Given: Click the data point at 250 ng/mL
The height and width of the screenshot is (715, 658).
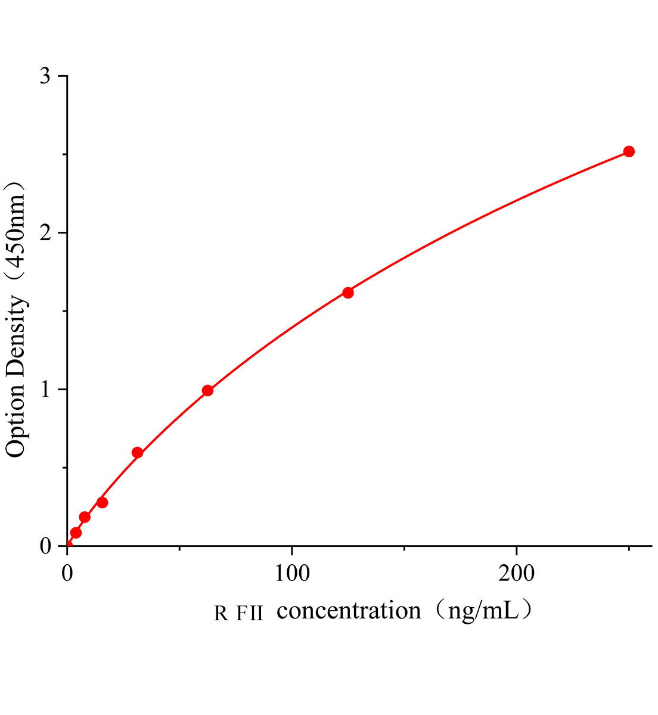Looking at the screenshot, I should pyautogui.click(x=629, y=151).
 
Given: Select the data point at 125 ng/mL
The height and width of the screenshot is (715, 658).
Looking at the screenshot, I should pyautogui.click(x=348, y=293).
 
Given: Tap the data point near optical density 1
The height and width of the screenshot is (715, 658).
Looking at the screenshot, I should pyautogui.click(x=207, y=391).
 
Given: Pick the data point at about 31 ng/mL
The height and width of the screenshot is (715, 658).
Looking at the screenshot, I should pyautogui.click(x=137, y=453).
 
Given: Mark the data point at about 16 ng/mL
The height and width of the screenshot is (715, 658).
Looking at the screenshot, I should pyautogui.click(x=103, y=502).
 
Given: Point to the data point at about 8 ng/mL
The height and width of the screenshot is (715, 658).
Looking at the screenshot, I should pyautogui.click(x=85, y=517).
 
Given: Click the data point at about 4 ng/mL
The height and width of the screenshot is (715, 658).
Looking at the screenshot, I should pyautogui.click(x=76, y=533).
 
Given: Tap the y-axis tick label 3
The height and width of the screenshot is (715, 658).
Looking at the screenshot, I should pyautogui.click(x=46, y=76).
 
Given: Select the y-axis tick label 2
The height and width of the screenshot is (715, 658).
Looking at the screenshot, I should pyautogui.click(x=46, y=233).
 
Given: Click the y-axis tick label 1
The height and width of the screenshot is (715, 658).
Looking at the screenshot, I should pyautogui.click(x=46, y=390).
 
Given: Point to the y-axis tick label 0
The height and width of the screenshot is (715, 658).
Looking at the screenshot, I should pyautogui.click(x=46, y=546).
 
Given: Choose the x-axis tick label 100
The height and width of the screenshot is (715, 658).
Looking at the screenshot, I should pyautogui.click(x=291, y=573).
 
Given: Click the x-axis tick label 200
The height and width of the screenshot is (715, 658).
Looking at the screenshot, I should pyautogui.click(x=516, y=573).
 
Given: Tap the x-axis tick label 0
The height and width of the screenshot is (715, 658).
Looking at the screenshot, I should pyautogui.click(x=67, y=573).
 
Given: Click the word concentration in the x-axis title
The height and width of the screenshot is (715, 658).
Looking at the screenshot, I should pyautogui.click(x=349, y=611).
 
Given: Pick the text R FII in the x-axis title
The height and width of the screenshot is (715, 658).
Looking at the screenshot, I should pyautogui.click(x=238, y=613).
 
